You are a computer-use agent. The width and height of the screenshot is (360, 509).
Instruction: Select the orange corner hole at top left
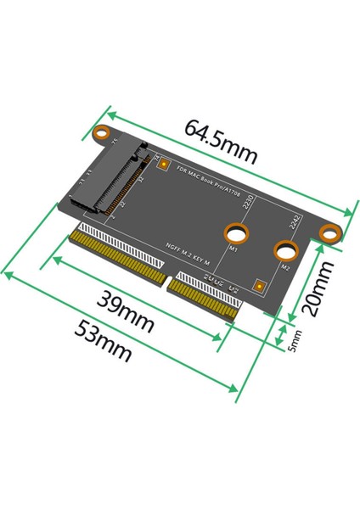(x=102, y=133)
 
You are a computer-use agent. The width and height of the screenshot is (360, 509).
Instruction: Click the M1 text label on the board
(x=234, y=250)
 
